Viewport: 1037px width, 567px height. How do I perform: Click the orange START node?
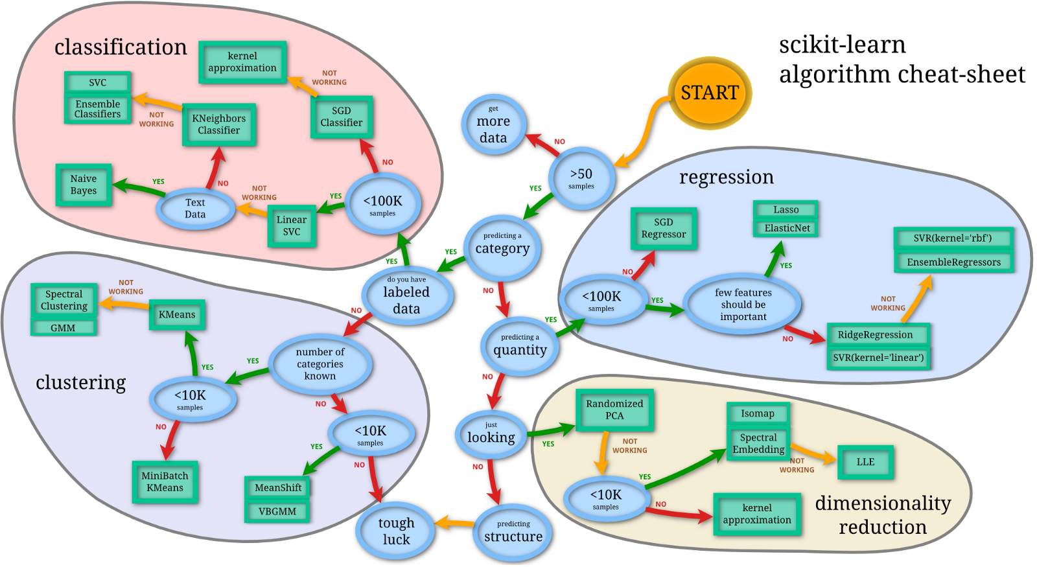pos(710,93)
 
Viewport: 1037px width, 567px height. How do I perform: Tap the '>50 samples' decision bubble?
pos(581,178)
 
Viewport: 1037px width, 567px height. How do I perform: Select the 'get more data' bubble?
pos(493,125)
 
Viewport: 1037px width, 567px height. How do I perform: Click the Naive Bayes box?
pos(84,185)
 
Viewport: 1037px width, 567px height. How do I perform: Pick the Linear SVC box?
pos(292,226)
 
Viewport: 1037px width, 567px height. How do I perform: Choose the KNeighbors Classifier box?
pos(219,124)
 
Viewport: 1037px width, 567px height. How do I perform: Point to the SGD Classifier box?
pos(342,117)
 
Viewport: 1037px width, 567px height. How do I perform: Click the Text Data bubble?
pos(195,208)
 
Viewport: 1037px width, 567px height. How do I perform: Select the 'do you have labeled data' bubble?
pos(406,295)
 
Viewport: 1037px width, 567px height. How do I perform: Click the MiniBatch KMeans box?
pos(165,481)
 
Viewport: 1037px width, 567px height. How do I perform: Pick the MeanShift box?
pos(278,487)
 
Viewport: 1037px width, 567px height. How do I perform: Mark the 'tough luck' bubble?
pos(396,531)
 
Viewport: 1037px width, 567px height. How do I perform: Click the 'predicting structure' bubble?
pos(513,532)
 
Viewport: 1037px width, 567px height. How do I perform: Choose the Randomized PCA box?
pos(614,410)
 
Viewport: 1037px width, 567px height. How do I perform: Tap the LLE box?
pos(865,462)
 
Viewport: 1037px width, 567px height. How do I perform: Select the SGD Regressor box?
pos(664,228)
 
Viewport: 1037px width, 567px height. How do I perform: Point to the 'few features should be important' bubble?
pos(743,305)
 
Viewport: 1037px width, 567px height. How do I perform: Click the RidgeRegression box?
pos(878,335)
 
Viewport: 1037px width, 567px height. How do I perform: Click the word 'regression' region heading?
pos(726,177)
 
